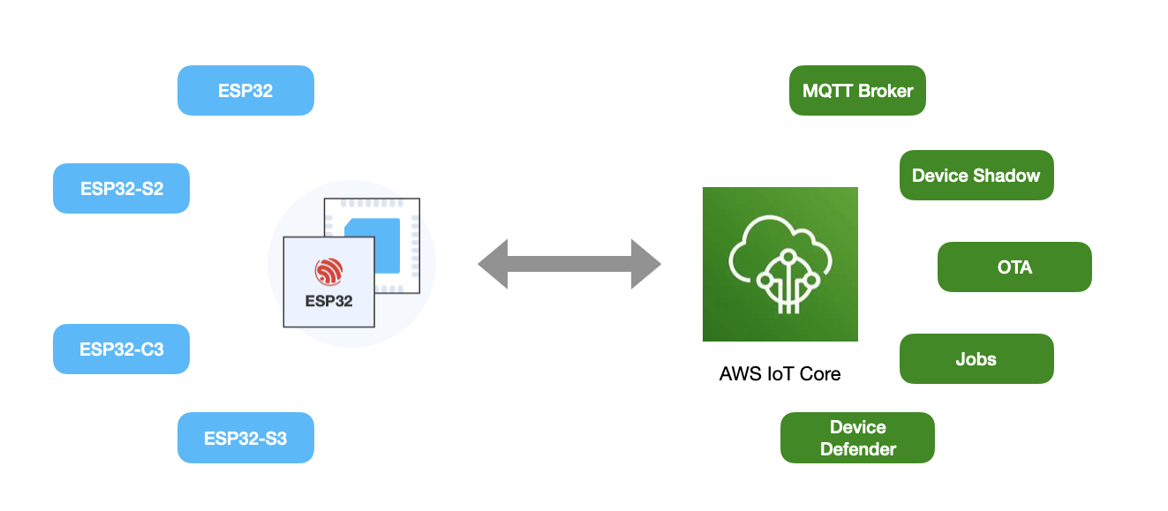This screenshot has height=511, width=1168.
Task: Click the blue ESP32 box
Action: (245, 90)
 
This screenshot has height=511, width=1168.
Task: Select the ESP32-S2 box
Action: (121, 188)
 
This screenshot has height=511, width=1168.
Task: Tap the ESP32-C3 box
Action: (121, 349)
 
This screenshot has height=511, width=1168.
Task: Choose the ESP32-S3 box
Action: (245, 438)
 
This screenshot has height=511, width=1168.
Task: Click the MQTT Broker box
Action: (857, 90)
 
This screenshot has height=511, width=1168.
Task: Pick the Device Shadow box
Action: (976, 175)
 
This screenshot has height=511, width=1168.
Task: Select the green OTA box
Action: (1014, 267)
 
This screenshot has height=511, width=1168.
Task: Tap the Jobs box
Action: (976, 358)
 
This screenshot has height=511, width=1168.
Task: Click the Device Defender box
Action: (857, 438)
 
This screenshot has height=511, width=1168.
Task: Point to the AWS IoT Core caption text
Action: (780, 373)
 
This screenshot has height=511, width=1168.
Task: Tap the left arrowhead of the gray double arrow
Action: (494, 263)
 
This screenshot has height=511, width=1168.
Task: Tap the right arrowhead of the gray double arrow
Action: (645, 263)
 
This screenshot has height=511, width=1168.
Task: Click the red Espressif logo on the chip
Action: (328, 272)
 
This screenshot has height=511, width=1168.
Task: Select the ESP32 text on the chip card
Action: (328, 301)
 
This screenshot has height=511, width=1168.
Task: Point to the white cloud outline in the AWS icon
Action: (780, 243)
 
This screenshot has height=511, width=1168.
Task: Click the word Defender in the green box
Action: (857, 449)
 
